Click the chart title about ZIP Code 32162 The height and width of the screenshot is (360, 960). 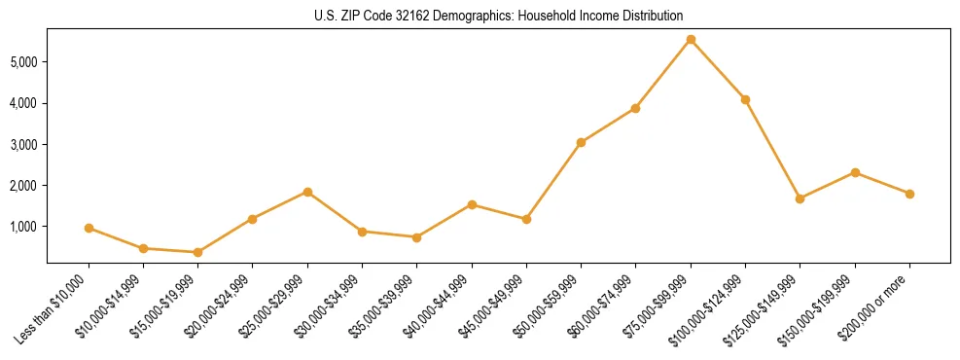(x=498, y=17)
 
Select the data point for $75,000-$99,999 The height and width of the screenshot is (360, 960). (x=691, y=40)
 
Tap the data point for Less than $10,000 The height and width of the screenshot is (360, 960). (x=89, y=228)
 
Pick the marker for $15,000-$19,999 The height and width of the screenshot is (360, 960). (x=197, y=252)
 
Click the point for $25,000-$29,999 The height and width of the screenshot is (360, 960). (x=307, y=192)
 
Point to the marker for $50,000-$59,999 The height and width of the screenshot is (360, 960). (x=581, y=142)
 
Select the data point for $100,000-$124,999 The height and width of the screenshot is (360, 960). (x=745, y=99)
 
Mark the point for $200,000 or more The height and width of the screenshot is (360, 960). (x=909, y=194)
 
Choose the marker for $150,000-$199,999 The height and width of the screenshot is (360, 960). (x=855, y=172)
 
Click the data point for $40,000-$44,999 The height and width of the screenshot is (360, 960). (x=472, y=204)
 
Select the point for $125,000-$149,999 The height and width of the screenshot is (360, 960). (x=800, y=198)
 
